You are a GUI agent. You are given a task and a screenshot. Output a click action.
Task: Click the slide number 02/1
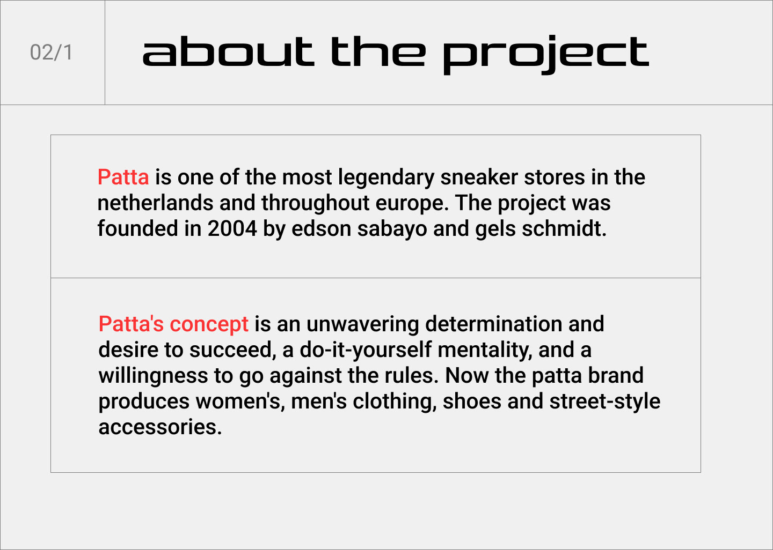[52, 53]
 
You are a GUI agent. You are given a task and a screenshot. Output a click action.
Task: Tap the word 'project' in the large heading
[546, 55]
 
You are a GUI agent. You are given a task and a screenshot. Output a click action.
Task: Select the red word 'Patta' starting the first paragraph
[123, 177]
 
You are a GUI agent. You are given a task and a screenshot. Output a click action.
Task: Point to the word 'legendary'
[386, 178]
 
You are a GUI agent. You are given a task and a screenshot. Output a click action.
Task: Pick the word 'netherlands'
[155, 203]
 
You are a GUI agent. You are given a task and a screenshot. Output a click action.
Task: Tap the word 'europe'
[412, 204]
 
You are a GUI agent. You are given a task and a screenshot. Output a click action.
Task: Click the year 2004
[232, 229]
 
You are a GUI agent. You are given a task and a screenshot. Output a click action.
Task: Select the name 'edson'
[321, 229]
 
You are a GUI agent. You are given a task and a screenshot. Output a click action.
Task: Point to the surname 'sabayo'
[392, 230]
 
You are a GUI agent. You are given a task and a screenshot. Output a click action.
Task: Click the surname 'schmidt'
[564, 229]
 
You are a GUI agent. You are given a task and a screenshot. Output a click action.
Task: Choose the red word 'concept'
[209, 325]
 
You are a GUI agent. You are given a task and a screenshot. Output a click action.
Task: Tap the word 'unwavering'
[363, 325]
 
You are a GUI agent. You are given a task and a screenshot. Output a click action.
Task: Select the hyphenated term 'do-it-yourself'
[366, 351]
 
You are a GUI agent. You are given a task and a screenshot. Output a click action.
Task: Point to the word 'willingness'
[153, 376]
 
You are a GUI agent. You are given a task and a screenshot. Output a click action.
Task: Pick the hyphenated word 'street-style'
[604, 403]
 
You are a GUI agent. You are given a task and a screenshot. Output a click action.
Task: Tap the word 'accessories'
[160, 428]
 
